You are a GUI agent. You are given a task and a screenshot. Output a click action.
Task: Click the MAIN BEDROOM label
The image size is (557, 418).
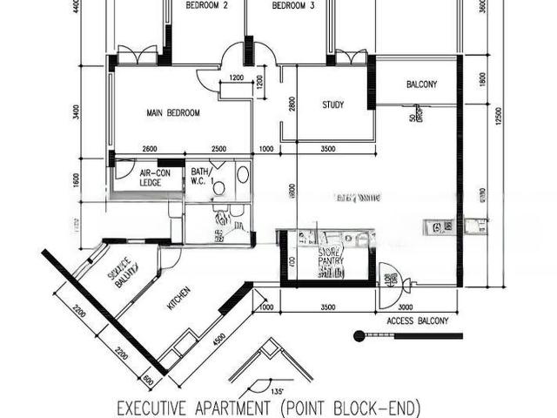[x=173, y=113]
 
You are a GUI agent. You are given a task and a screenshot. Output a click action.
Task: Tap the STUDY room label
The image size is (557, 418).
[x=332, y=105]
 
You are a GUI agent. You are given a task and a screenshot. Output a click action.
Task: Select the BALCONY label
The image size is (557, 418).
[x=421, y=84]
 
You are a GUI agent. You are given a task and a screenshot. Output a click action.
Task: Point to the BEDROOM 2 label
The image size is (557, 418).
[x=207, y=6]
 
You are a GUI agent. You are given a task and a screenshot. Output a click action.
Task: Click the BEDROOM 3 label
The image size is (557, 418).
[x=292, y=6]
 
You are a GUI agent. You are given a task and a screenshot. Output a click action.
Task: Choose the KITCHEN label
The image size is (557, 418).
[x=179, y=300]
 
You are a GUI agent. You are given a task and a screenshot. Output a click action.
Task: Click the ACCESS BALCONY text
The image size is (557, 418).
[x=417, y=321]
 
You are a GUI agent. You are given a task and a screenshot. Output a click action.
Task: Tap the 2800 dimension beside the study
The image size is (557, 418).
[x=292, y=104]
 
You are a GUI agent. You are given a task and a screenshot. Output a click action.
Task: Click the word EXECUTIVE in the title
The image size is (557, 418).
[x=157, y=407]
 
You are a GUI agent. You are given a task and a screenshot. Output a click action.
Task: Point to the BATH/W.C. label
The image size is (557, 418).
[x=201, y=177]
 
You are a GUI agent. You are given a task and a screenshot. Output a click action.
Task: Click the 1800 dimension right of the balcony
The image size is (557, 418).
[x=484, y=78]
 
